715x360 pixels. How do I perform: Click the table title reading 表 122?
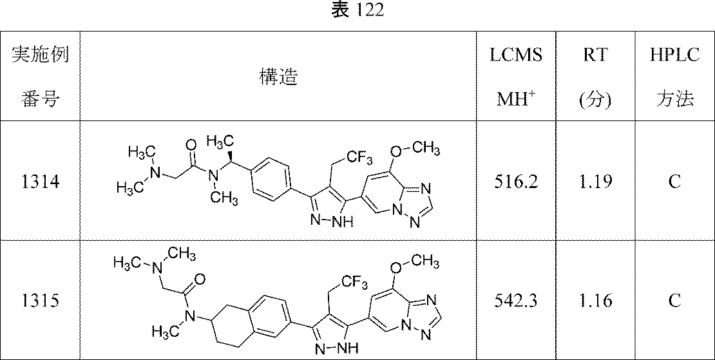coord(357,10)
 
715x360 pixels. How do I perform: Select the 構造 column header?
coord(278,77)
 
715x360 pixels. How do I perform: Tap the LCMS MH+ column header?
coord(516,77)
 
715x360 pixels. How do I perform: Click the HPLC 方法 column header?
coord(675,77)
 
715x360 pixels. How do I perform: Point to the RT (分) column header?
coord(595,77)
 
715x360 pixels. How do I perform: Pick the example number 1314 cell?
coord(40,182)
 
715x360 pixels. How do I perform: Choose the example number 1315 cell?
coord(40,301)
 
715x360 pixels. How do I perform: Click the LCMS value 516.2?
coord(516,182)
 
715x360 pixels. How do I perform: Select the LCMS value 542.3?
coord(516,301)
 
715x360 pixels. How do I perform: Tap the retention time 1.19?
coord(595,182)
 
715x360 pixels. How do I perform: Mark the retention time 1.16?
coord(595,301)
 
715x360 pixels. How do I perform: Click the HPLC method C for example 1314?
coord(675,182)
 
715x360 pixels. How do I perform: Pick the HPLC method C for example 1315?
coord(675,301)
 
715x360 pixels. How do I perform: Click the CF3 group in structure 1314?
coord(359,158)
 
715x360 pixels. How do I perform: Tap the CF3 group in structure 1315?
coord(354,283)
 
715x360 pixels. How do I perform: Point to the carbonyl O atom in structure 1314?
coord(192,145)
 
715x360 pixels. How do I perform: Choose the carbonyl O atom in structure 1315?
coord(200,278)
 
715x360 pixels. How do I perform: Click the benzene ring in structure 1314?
coord(271,179)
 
